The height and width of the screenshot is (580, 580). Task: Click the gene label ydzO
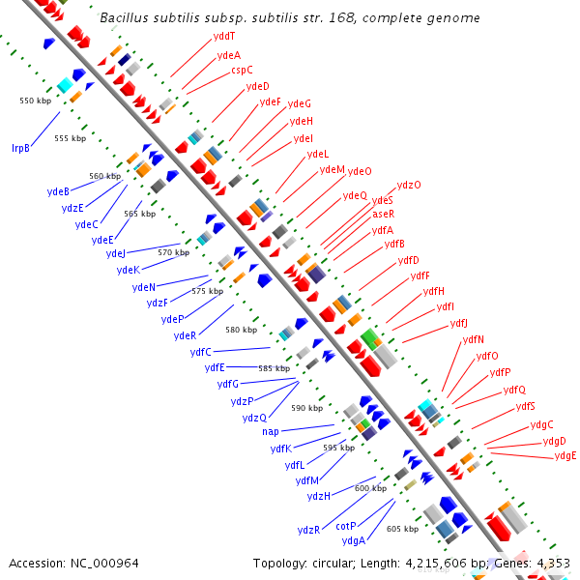click(409, 185)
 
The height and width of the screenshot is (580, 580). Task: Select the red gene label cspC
click(242, 70)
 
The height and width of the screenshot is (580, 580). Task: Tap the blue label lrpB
click(20, 148)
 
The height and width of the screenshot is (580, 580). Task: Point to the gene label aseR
click(383, 214)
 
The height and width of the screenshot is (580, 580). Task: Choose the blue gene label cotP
click(346, 526)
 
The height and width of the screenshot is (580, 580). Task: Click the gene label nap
click(270, 431)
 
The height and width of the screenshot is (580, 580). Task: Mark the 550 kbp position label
click(35, 101)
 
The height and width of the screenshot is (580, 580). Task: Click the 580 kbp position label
click(242, 330)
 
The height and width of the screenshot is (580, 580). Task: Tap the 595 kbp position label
click(338, 448)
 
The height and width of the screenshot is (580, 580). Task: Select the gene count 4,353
click(553, 563)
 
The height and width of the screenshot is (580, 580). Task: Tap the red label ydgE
click(565, 456)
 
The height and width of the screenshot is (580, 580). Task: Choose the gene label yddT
click(224, 36)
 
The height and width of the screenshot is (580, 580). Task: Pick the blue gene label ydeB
click(58, 191)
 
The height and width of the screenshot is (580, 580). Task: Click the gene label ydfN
click(474, 339)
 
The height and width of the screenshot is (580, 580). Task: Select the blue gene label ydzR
click(308, 530)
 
